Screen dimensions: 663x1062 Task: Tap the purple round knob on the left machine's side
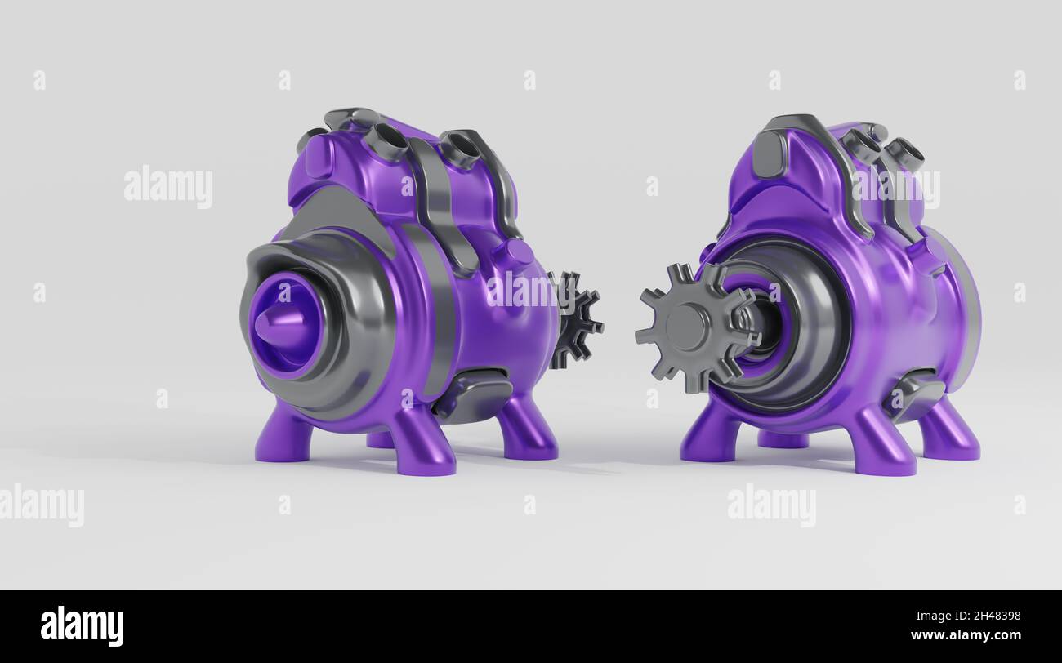(x=511, y=254)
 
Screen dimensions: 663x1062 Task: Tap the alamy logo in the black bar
(x=82, y=626)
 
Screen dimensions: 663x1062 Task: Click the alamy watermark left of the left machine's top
(x=168, y=187)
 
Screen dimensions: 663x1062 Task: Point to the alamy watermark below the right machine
(x=771, y=505)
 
